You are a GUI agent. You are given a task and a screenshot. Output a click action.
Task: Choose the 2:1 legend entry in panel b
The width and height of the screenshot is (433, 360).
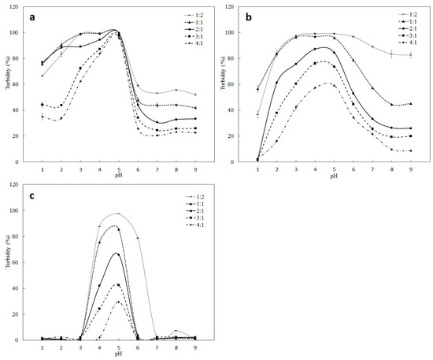pos(405,28)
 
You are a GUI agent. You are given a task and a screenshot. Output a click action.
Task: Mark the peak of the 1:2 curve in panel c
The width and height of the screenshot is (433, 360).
pos(118,213)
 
